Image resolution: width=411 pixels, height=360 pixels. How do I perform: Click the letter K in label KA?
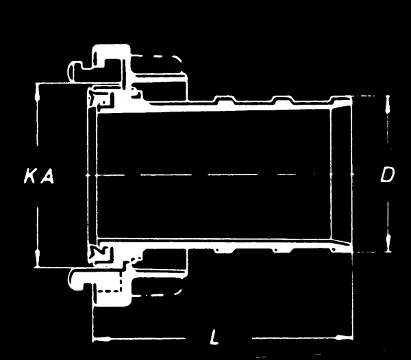[29, 176]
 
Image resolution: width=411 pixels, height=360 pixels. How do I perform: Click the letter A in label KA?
[47, 176]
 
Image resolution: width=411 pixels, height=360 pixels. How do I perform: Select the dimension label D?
[387, 175]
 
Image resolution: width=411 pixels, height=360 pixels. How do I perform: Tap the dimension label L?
[214, 337]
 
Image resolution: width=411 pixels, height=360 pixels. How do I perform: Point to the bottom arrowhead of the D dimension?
[388, 243]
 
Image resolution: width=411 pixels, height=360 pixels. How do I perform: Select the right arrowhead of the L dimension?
[344, 337]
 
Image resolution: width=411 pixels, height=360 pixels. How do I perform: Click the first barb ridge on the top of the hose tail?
[225, 99]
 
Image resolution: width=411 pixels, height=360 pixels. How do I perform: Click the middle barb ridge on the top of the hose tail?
[283, 99]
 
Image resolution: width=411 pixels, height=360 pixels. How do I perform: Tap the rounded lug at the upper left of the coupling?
[75, 71]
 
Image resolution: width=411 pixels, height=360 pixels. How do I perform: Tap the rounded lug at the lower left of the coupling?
[77, 279]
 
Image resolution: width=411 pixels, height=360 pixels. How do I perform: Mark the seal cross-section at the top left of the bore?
[101, 99]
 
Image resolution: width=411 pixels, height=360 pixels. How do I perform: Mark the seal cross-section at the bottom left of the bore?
[101, 253]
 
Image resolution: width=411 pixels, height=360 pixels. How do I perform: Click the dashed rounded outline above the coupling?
[158, 55]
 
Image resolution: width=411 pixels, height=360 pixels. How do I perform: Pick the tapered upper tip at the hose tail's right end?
[341, 101]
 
